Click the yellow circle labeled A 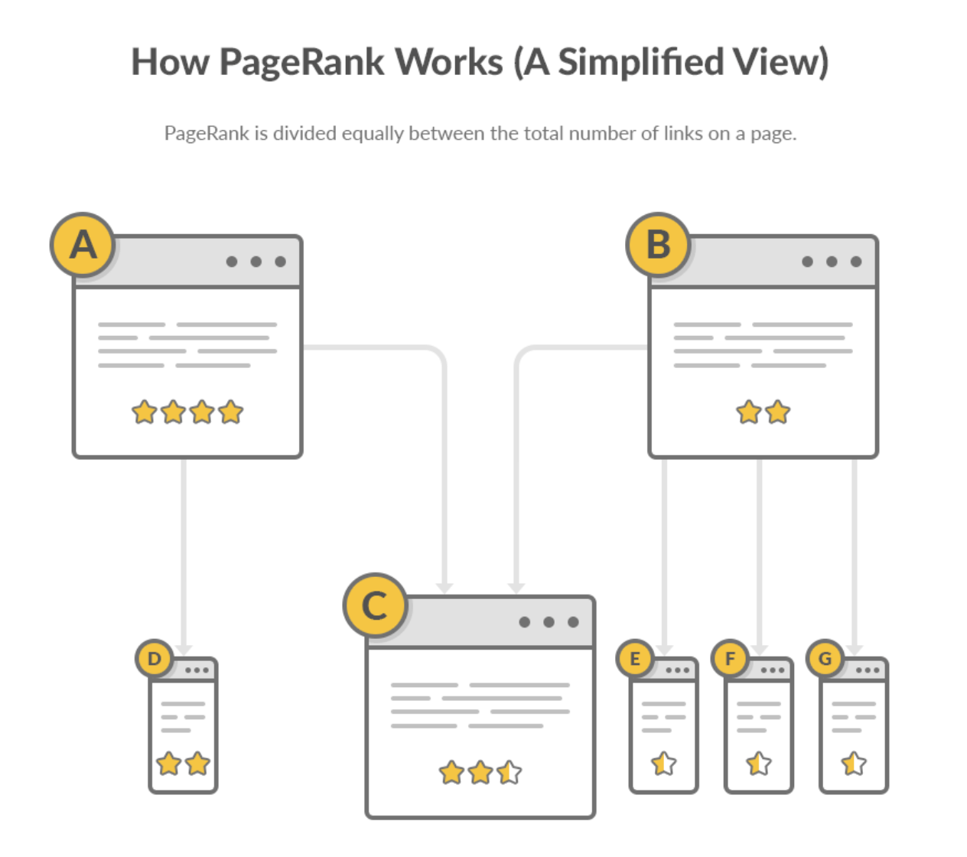point(83,245)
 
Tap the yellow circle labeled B point(658,245)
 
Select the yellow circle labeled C point(375,605)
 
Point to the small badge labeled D point(155,658)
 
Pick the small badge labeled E point(634,658)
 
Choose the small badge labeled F point(730,658)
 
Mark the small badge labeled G point(825,658)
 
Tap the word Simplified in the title point(640,62)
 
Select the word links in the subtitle point(683,134)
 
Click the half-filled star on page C point(509,772)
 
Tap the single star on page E point(663,763)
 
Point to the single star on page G point(853,763)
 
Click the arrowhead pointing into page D point(184,649)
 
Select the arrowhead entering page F point(759,649)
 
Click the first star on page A point(144,412)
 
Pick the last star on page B point(777,412)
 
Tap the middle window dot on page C point(549,622)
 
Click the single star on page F point(759,763)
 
